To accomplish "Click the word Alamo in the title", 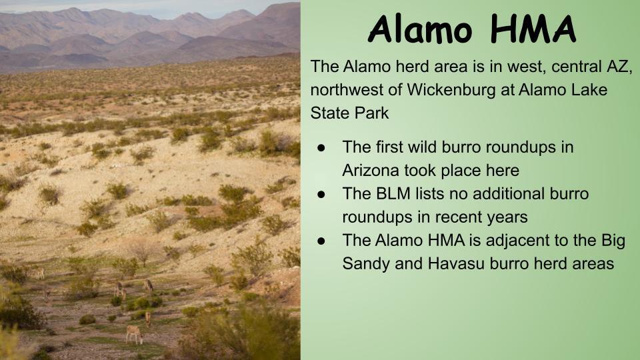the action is click(x=420, y=29).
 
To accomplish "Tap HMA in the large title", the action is click(x=533, y=29).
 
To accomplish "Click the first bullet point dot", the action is click(x=321, y=147).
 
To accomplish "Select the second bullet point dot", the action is click(x=321, y=194).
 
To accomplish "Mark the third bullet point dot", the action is click(x=321, y=241).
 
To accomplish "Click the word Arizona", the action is click(x=371, y=170).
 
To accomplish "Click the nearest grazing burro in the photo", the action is click(x=134, y=334).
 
